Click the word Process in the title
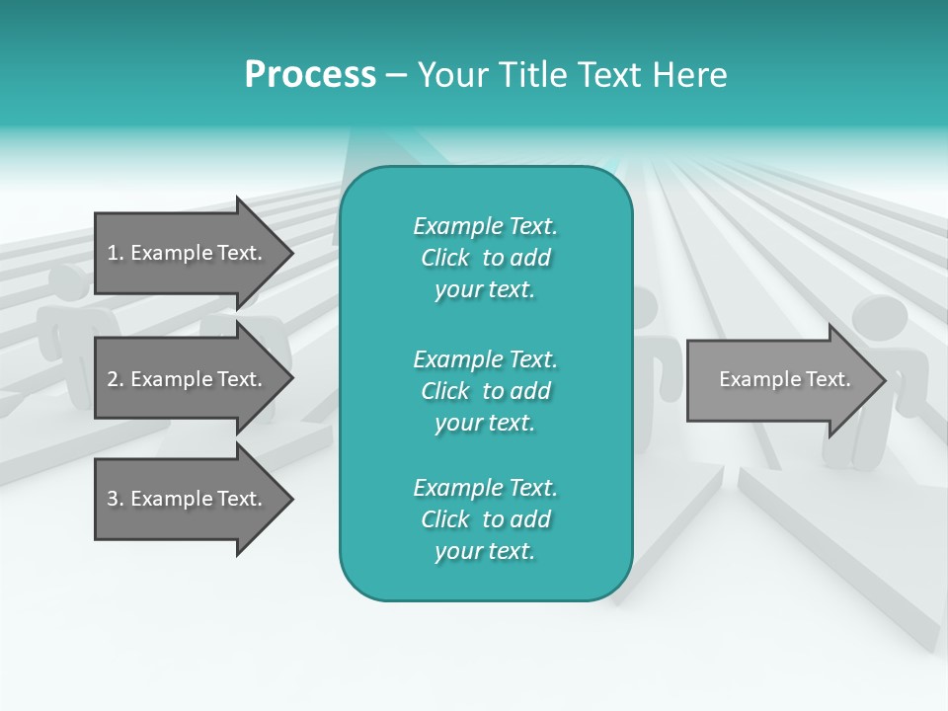[310, 75]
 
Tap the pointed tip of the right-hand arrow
[884, 380]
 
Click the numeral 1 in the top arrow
[113, 253]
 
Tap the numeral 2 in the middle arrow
[113, 379]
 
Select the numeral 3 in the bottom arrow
[113, 499]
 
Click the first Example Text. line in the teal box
[485, 226]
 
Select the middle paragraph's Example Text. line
[485, 358]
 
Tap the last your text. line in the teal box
[485, 552]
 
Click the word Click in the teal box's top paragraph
[444, 258]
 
